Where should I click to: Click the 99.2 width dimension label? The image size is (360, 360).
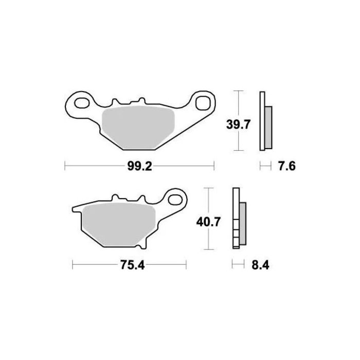pos(139,166)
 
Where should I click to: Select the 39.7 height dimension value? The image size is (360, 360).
pos(238,124)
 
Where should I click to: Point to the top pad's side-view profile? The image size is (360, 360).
pos(264,121)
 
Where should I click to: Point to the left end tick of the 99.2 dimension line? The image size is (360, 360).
pos(64,166)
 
